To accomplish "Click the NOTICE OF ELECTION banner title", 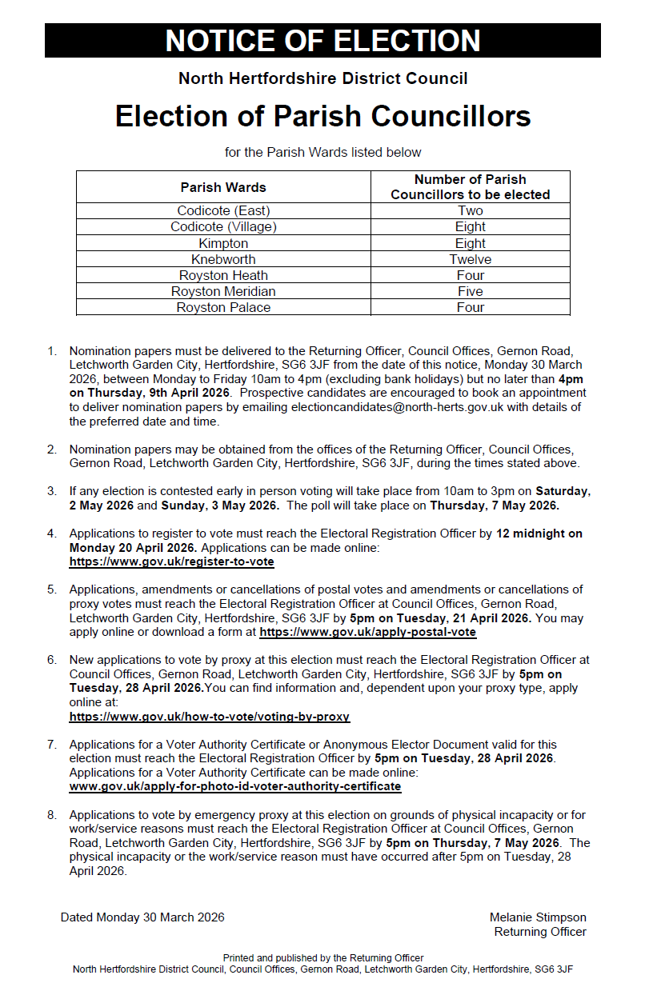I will (322, 41).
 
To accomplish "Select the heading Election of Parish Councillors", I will (322, 116).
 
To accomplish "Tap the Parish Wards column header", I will (223, 187).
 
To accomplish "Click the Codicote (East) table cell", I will (223, 211).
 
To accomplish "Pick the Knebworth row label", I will (223, 259).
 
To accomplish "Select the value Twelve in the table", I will (470, 259).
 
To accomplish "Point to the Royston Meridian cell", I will (223, 291).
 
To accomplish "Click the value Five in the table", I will (470, 291).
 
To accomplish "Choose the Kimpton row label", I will (223, 243).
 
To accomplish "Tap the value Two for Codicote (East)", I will (470, 211).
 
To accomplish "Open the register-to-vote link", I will (171, 561).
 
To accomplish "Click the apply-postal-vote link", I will (367, 632).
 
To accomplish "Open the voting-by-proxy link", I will (209, 717).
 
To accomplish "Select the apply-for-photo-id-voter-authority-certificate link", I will (234, 786).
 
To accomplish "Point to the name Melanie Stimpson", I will (538, 917).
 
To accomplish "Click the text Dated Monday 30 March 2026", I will (142, 917).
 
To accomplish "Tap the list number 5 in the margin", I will (52, 589).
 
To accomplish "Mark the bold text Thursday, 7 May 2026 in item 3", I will (495, 505).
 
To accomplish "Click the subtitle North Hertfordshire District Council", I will (322, 78).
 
